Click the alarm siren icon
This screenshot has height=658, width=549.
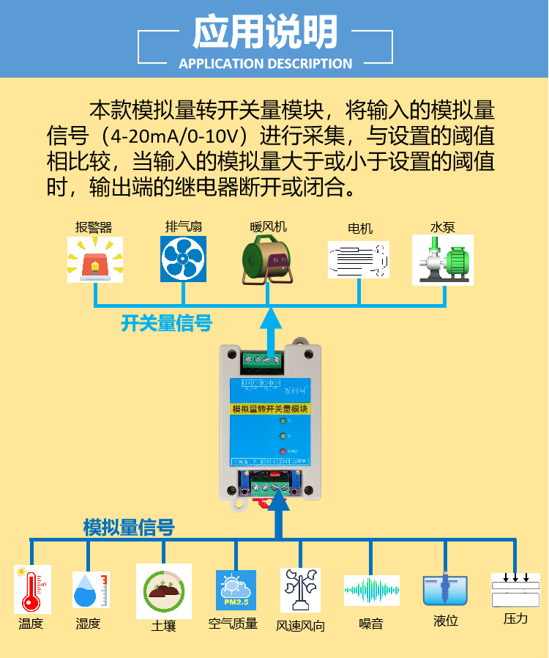(94, 259)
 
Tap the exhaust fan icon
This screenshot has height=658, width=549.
(183, 259)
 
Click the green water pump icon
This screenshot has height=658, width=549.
(442, 259)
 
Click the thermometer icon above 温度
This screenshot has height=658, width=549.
(32, 589)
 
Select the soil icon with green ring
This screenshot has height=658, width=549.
(163, 591)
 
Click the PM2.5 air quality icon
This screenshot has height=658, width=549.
(236, 591)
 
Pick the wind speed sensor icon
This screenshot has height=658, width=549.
(300, 590)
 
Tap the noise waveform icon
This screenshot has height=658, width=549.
(372, 591)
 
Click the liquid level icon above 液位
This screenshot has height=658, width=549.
(445, 590)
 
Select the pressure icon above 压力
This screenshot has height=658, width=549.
(515, 590)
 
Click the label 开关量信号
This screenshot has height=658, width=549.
(166, 323)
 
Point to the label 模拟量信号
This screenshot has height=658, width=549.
(129, 527)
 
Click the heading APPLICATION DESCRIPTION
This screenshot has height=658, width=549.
(265, 64)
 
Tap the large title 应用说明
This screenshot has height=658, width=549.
(265, 32)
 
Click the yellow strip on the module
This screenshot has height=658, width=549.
(271, 408)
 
